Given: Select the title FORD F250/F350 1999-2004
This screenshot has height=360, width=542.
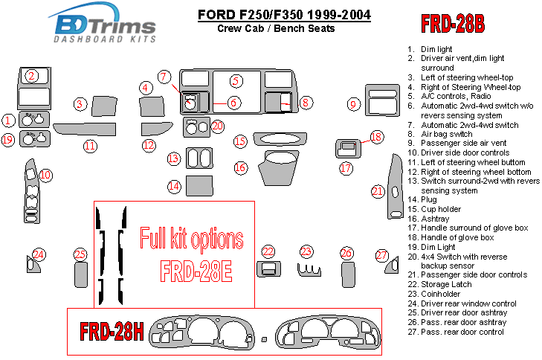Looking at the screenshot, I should pyautogui.click(x=285, y=15).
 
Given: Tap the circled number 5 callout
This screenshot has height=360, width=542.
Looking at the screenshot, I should pyautogui.click(x=235, y=81).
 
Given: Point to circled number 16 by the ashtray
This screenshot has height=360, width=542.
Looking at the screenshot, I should pyautogui.click(x=240, y=167).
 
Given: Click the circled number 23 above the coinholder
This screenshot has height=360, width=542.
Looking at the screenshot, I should pyautogui.click(x=306, y=251).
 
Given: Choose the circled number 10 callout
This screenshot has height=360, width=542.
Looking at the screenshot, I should pyautogui.click(x=45, y=176).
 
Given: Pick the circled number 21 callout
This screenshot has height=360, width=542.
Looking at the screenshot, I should pyautogui.click(x=378, y=191).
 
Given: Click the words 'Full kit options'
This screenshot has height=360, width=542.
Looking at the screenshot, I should pyautogui.click(x=191, y=240).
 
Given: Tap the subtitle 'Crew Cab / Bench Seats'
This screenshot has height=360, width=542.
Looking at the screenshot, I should pyautogui.click(x=276, y=28).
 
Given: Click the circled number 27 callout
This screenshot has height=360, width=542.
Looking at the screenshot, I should pyautogui.click(x=381, y=255).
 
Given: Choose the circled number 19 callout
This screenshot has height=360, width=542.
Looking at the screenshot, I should pyautogui.click(x=8, y=139).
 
